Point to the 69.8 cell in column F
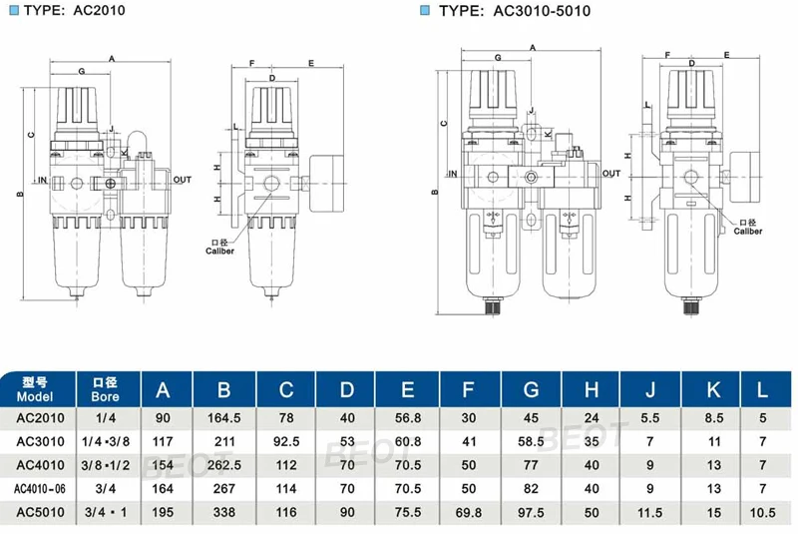468,513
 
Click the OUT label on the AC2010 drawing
182,180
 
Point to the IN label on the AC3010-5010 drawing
451,174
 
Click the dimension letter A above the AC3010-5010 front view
533,48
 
